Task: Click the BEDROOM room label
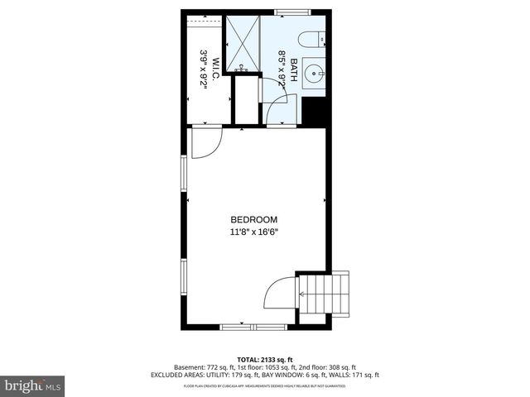point(253,219)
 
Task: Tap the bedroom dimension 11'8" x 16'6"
point(253,232)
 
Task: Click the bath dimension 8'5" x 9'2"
point(282,69)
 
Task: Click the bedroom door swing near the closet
point(204,141)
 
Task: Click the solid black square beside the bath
point(314,112)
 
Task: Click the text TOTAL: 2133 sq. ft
point(264,360)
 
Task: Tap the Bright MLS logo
point(32,385)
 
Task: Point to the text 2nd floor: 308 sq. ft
point(328,367)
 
